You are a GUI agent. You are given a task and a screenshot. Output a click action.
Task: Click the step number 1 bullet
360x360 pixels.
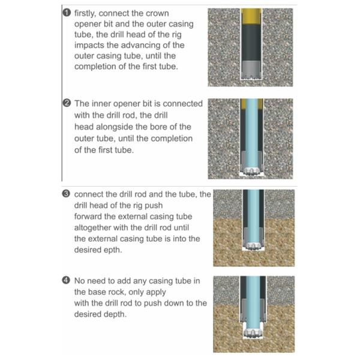coord(67,13)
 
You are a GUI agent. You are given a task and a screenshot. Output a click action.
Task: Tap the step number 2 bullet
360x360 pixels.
coord(67,103)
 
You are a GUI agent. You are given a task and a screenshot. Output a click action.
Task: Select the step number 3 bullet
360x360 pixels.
coord(66,194)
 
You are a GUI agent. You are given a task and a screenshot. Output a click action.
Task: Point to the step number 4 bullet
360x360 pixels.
coord(66,280)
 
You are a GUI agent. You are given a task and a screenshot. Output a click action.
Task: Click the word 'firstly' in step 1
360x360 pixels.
coord(85,14)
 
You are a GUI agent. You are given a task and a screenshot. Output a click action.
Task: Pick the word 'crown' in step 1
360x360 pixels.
coord(157,13)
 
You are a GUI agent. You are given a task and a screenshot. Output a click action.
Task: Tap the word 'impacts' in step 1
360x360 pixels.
coord(89,46)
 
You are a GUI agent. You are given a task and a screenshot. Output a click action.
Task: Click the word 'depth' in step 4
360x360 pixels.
coord(115,314)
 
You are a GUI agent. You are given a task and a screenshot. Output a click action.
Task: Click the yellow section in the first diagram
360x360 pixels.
coord(251,17)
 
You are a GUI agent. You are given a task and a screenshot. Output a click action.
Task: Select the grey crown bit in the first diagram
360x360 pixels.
coord(251,70)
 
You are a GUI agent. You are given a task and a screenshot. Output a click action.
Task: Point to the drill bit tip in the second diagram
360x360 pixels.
coord(251,172)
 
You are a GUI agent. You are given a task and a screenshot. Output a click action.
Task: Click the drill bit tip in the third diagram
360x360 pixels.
coord(253,247)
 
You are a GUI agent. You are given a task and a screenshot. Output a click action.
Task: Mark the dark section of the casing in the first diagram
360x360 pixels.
coord(251,43)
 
